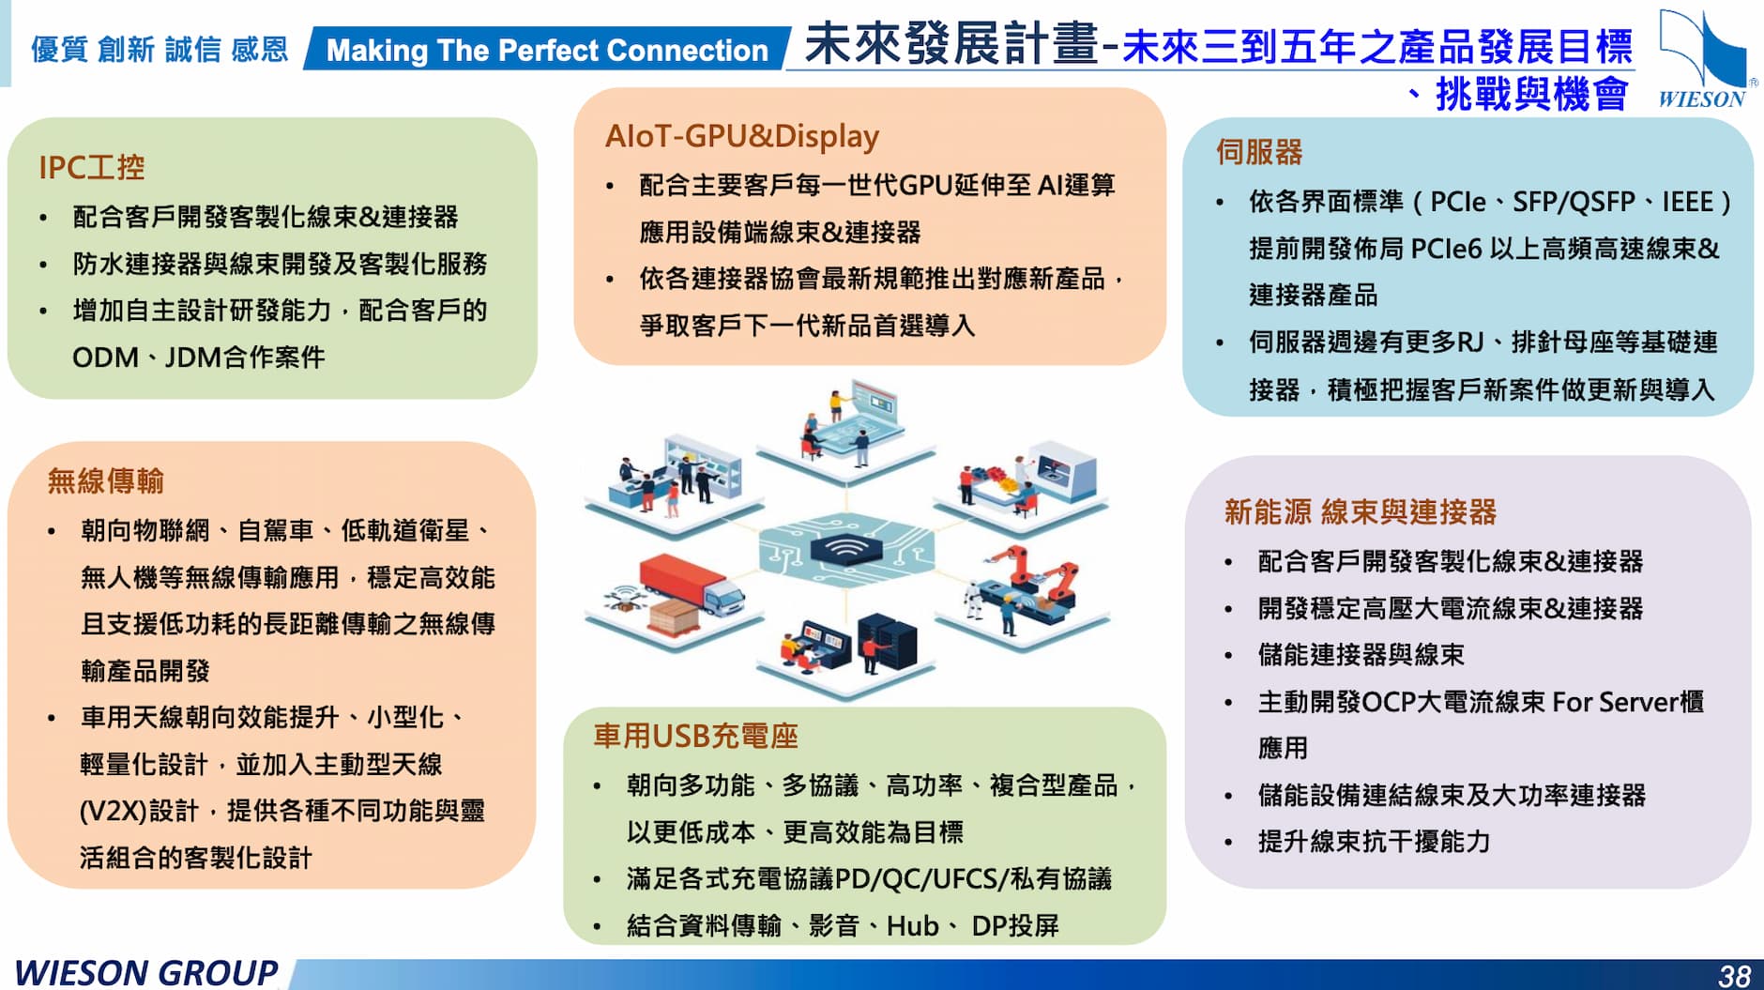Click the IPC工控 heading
pyautogui.click(x=91, y=168)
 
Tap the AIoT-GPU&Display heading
pyautogui.click(x=741, y=136)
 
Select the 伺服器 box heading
pyautogui.click(x=1258, y=152)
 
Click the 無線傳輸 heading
pyautogui.click(x=105, y=481)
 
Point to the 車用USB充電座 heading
pyautogui.click(x=695, y=737)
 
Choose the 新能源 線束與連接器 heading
pyautogui.click(x=1360, y=512)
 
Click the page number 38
pyautogui.click(x=1734, y=976)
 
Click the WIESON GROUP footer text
pyautogui.click(x=145, y=973)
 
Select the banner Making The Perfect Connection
pyautogui.click(x=546, y=50)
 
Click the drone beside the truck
pyautogui.click(x=622, y=598)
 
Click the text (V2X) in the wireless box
pyautogui.click(x=112, y=811)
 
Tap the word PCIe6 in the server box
pyautogui.click(x=1445, y=249)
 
